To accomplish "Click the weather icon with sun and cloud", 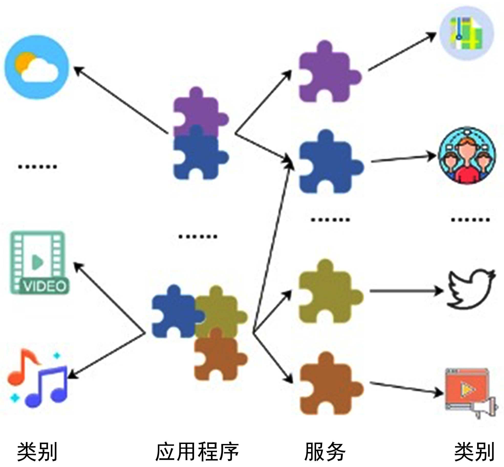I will click(37, 67).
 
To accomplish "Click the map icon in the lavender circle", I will click(467, 33).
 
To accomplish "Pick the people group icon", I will click(467, 155).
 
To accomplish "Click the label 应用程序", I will click(197, 452).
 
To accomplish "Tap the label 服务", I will click(325, 452).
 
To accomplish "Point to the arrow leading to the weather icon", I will click(120, 100).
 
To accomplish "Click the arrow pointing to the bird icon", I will click(406, 291).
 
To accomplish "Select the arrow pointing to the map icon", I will click(402, 51).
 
